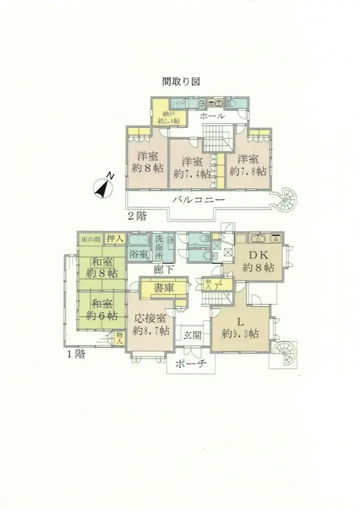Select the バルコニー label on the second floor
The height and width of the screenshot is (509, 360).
[x=199, y=200]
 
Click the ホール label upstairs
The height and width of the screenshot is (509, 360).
[x=212, y=116]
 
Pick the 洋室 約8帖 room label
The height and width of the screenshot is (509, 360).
[x=148, y=163]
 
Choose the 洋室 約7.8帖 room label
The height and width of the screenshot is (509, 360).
[x=248, y=165]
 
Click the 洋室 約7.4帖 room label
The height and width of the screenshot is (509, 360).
[x=192, y=168]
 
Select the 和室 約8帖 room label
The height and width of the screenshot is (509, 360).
[x=102, y=267]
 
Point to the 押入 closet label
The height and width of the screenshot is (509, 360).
[x=115, y=239]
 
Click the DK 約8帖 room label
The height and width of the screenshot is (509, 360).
[x=259, y=261]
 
